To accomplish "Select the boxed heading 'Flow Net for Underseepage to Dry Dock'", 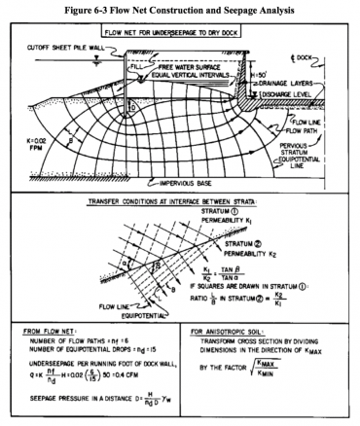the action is click(184, 29).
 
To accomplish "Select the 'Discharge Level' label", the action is click(310, 95).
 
